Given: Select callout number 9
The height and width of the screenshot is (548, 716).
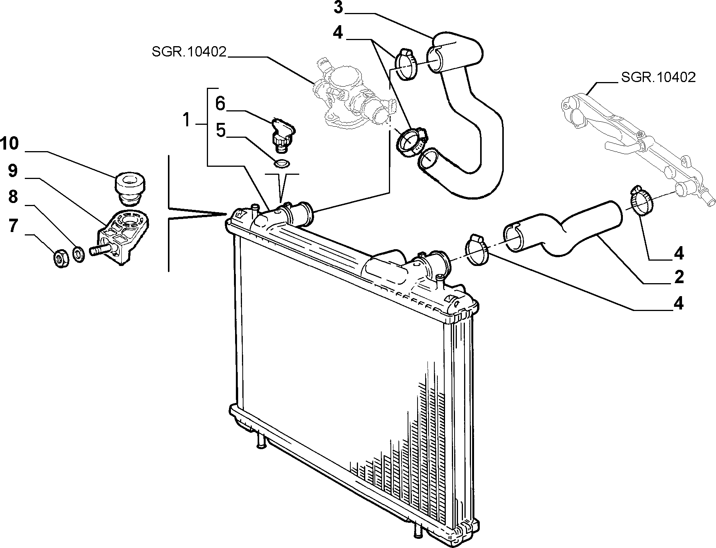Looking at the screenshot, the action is tap(12, 171).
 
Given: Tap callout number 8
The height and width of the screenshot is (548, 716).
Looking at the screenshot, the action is tap(12, 197).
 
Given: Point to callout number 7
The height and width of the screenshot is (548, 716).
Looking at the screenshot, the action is tap(13, 226).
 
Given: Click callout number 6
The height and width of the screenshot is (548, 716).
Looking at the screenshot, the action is tap(220, 103).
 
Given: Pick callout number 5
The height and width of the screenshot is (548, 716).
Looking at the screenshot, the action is tap(221, 130).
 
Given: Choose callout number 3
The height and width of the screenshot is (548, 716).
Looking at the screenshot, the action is tap(339, 8).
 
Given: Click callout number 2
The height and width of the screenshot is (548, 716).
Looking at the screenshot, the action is tap(679, 277).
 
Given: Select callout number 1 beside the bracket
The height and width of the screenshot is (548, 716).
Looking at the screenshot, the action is tap(186, 120).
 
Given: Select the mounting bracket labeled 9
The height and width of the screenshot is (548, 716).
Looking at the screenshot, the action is tap(123, 236).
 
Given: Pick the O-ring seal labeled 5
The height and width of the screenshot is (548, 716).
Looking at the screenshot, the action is tap(282, 163).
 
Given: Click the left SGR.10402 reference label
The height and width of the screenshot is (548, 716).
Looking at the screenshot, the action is tap(189, 52).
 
